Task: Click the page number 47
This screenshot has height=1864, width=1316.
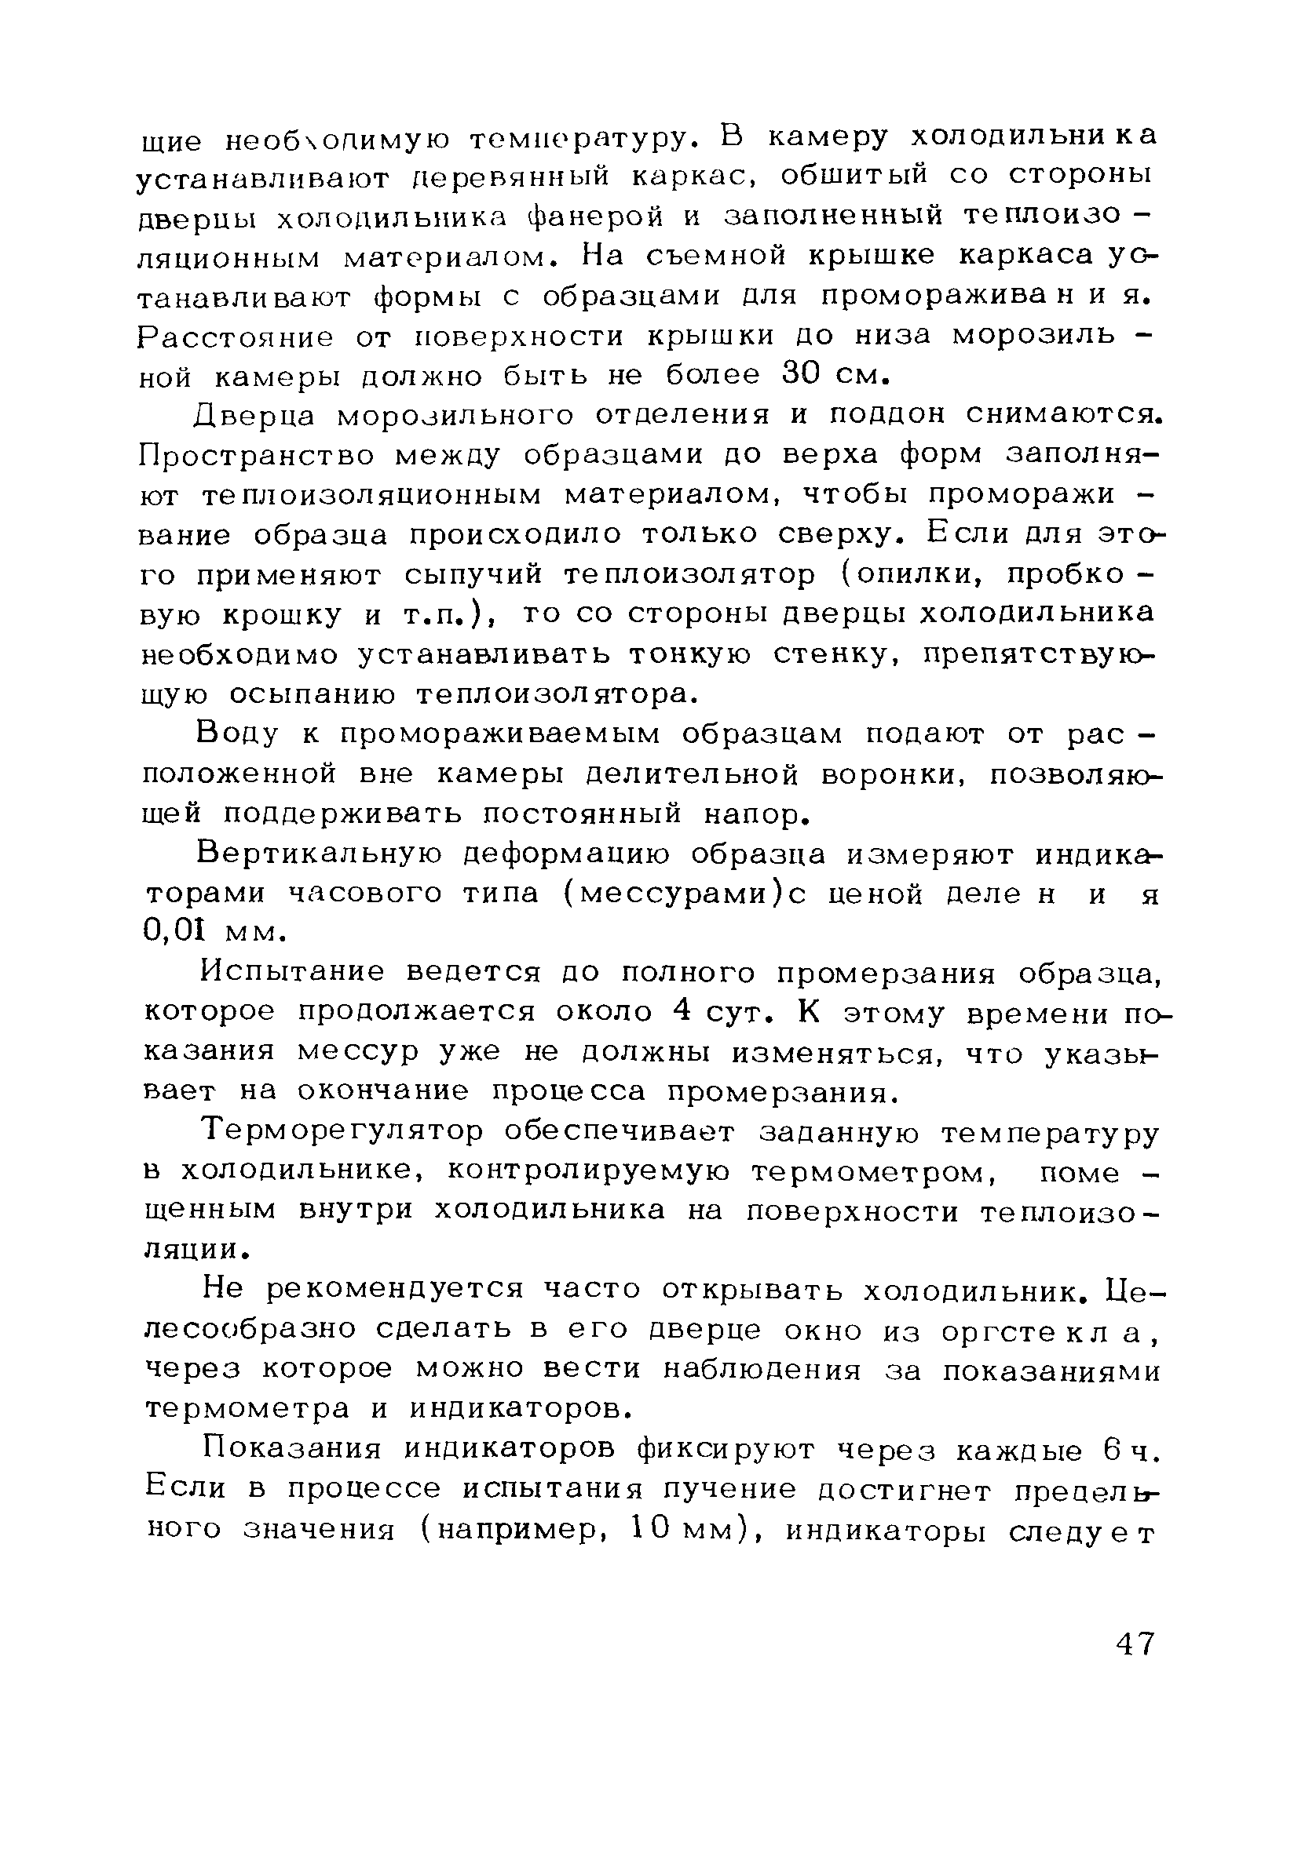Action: pos(1135,1644)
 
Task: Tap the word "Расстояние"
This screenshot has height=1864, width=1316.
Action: pos(235,337)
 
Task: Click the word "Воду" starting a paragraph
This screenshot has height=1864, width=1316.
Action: pos(236,735)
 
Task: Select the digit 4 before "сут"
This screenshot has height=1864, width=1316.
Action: pos(682,1012)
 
